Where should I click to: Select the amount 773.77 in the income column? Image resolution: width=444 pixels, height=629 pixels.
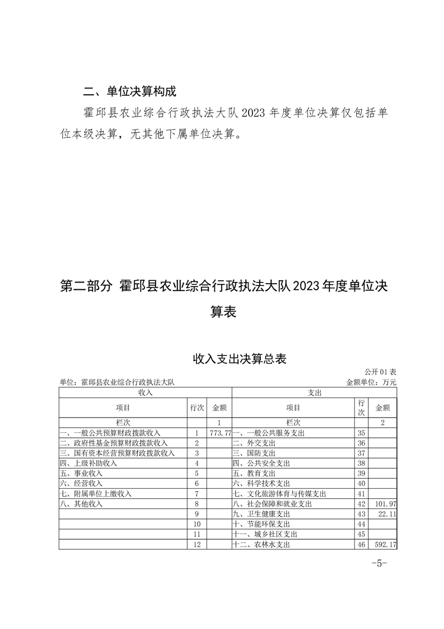[220, 433]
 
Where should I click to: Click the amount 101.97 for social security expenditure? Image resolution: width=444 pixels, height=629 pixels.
[384, 504]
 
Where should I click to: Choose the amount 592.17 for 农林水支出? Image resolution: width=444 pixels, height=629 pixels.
[384, 544]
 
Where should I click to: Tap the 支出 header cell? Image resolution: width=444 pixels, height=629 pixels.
[315, 393]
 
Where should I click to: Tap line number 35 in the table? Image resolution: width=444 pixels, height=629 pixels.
[361, 433]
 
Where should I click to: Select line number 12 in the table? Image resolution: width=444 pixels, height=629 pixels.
[197, 544]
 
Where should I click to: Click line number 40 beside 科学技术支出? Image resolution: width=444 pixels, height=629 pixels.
[361, 484]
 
